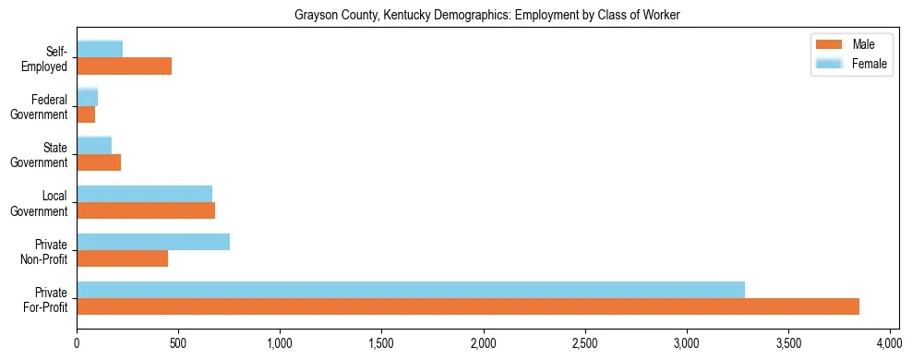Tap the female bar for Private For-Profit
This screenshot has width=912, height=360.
point(411,290)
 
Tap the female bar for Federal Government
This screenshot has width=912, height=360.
point(88,98)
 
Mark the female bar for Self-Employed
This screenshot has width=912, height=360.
point(100,50)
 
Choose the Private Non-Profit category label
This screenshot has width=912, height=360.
point(44,250)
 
